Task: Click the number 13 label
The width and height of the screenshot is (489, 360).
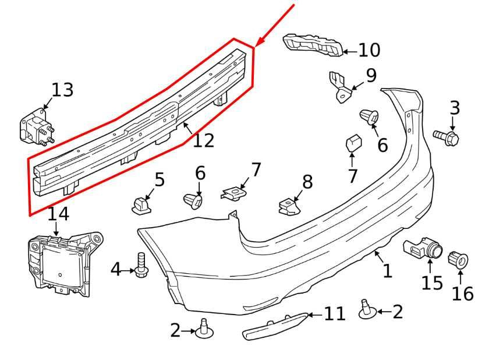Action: (x=62, y=90)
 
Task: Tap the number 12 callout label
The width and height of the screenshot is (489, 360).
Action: (x=203, y=140)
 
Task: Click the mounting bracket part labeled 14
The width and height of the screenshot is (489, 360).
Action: (x=61, y=263)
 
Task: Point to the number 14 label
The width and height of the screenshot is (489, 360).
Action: (x=58, y=214)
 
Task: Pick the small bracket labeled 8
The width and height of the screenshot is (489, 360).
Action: (x=289, y=206)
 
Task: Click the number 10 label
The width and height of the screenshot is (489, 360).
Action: (x=368, y=51)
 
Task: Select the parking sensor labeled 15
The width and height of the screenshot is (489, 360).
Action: (x=424, y=249)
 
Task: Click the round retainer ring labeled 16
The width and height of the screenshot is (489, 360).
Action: (x=458, y=258)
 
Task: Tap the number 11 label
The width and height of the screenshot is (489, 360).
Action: (x=334, y=315)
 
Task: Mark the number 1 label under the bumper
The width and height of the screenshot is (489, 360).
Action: (x=387, y=270)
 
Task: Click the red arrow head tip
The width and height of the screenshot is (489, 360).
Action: (x=256, y=46)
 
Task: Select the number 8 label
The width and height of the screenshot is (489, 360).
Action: (x=307, y=182)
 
